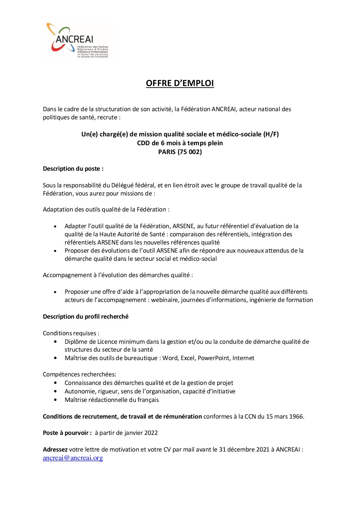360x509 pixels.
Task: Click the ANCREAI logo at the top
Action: tap(78, 41)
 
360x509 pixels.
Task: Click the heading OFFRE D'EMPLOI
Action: tap(180, 83)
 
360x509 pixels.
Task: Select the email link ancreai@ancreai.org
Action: tap(73, 458)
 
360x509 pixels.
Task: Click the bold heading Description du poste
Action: tap(73, 169)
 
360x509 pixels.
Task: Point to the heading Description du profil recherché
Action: tap(86, 317)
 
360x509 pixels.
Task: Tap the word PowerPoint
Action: tap(213, 358)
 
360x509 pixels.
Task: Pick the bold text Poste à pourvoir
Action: tap(67, 433)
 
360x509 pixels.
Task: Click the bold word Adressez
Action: tap(55, 449)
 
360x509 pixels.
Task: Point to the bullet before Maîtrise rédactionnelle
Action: tap(55, 400)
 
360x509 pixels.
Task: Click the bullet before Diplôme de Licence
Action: tap(55, 342)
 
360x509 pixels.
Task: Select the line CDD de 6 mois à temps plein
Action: tap(180, 143)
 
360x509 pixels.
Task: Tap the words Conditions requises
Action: tap(71, 333)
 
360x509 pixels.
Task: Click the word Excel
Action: tap(187, 358)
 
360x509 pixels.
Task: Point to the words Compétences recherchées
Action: tap(79, 374)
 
